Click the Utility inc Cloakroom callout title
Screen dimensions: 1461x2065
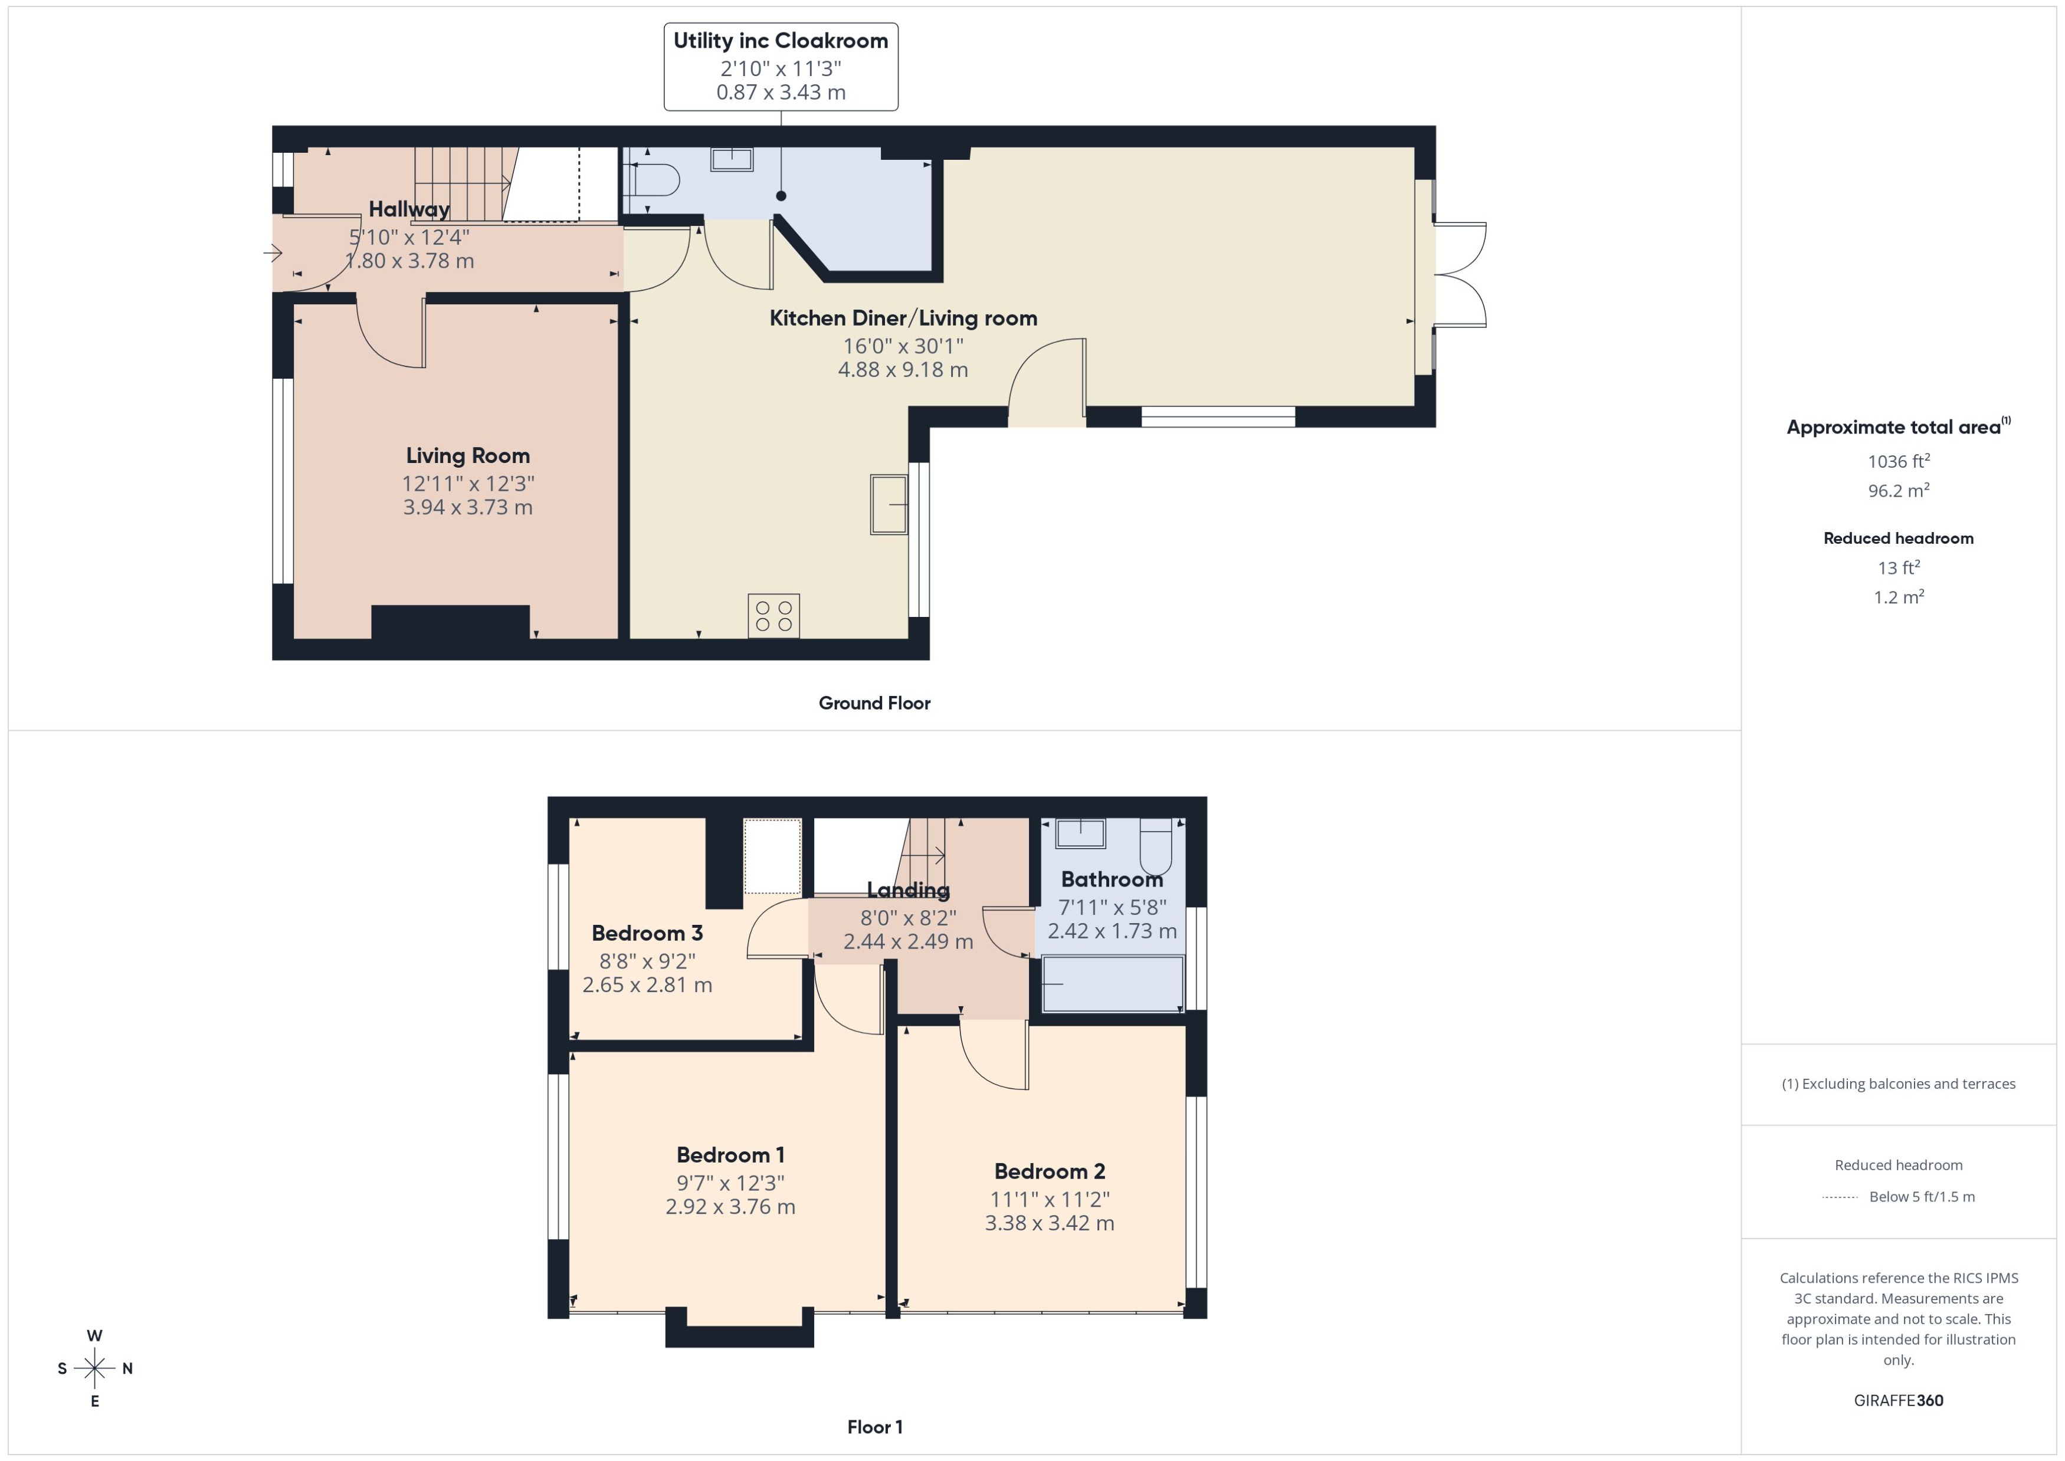point(780,41)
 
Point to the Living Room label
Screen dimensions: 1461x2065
point(467,456)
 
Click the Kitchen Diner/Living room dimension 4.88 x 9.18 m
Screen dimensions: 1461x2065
point(903,370)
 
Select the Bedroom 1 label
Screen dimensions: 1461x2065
point(730,1155)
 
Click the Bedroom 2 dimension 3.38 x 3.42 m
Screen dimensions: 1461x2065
point(1049,1223)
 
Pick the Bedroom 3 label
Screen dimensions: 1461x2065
point(647,933)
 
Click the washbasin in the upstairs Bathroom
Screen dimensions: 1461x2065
point(1080,833)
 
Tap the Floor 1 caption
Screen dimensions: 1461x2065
point(874,1427)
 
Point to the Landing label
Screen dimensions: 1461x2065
point(908,889)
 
